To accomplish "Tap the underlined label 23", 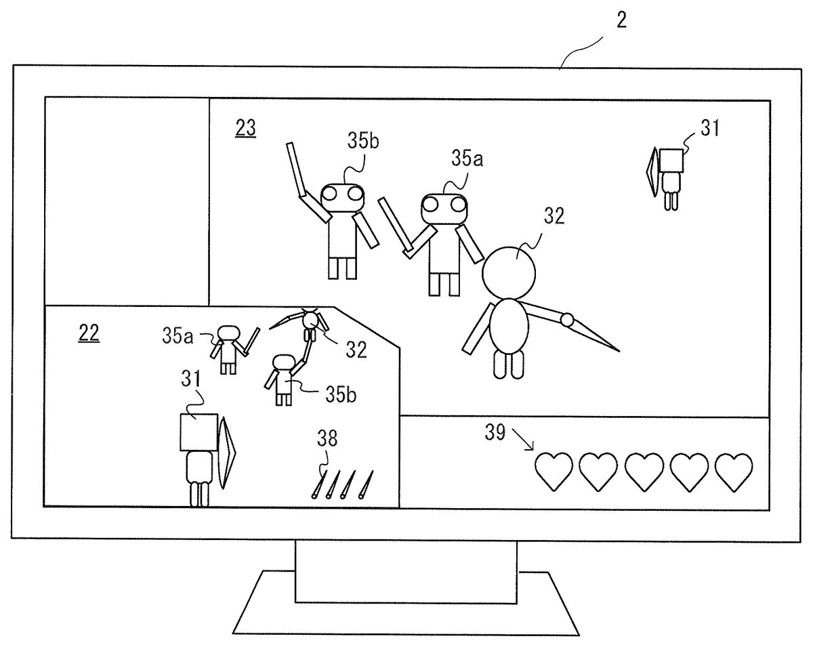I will pos(245,128).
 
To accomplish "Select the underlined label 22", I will pos(88,333).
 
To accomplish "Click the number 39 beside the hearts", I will pos(496,433).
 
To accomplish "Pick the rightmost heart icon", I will pos(734,471).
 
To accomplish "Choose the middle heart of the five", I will pos(643,471).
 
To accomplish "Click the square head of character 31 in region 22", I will pos(198,432).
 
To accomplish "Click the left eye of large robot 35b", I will pos(330,194).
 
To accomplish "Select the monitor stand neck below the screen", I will pos(405,570).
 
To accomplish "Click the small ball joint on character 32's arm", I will pos(566,318).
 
